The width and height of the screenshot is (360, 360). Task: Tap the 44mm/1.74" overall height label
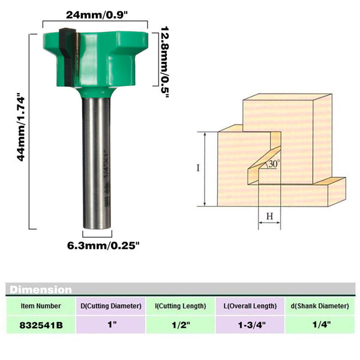tap(22, 128)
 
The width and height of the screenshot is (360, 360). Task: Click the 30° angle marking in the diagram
tap(274, 163)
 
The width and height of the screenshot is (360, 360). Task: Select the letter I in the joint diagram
tap(197, 168)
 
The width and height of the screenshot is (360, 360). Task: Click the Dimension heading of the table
tap(41, 290)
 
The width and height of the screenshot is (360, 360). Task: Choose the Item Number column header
tap(41, 306)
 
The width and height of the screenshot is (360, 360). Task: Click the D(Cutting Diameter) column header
tap(111, 306)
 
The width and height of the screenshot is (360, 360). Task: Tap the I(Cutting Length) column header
tap(181, 306)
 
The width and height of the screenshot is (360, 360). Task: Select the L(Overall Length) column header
tap(250, 306)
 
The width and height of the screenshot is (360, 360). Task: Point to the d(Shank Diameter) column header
tap(320, 306)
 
